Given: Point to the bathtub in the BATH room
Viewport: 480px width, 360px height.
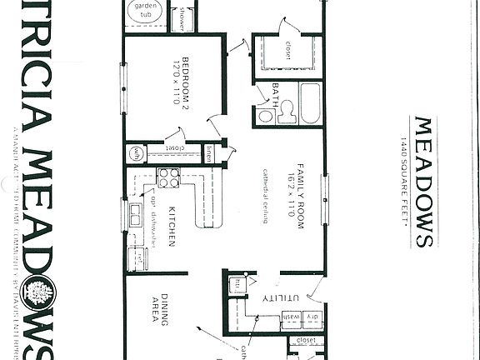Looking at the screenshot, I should pos(310,103).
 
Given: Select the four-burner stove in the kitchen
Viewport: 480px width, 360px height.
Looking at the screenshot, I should pos(168,177).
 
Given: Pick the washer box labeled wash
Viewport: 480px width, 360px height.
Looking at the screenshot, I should pos(292,317).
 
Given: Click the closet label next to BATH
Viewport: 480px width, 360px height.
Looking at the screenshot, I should pos(292,44).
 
